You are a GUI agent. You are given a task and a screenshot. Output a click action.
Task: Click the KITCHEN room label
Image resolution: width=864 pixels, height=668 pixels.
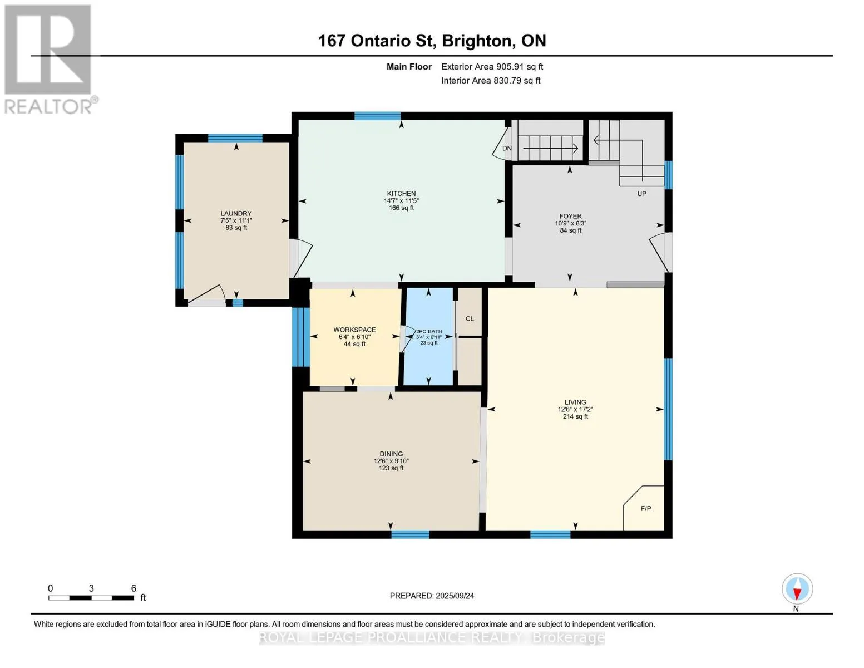click(401, 193)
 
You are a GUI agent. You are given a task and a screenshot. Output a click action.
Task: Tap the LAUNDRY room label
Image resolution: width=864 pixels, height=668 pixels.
click(236, 213)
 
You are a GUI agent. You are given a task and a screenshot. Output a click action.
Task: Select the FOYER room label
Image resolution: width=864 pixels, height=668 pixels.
click(570, 216)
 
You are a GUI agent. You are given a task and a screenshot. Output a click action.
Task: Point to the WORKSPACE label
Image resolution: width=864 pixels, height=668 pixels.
click(354, 330)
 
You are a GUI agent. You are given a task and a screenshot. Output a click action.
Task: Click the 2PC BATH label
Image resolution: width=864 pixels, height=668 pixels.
click(428, 331)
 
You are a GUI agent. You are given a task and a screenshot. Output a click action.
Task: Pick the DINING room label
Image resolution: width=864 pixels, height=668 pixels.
click(391, 454)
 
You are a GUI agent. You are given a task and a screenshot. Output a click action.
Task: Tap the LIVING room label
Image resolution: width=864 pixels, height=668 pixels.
click(575, 402)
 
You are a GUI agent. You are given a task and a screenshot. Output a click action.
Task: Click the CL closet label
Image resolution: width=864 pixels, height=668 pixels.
click(470, 318)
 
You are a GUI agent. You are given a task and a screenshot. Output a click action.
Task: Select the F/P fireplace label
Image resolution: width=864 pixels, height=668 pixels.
click(646, 508)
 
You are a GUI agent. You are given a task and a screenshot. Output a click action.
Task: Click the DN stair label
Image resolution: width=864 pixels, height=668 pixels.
click(507, 148)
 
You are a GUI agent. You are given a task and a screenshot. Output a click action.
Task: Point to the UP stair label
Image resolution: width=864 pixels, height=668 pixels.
click(641, 193)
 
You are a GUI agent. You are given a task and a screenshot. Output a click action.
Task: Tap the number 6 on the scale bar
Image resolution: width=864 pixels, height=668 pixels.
click(134, 588)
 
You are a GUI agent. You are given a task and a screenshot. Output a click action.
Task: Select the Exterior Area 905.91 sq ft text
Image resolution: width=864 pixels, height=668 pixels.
click(492, 66)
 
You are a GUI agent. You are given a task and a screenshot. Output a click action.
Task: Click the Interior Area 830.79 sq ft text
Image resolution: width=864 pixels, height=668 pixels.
click(491, 80)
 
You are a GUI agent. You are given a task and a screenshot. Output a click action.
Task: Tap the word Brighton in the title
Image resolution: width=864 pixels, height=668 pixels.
click(476, 41)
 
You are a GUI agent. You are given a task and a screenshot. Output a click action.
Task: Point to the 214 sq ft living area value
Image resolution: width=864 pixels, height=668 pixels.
click(575, 416)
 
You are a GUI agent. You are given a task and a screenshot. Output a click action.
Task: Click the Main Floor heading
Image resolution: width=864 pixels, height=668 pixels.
click(409, 66)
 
